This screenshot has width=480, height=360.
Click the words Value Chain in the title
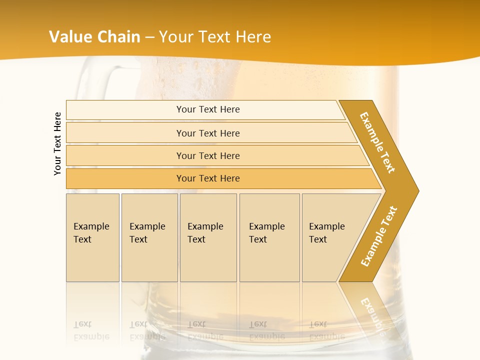(x=94, y=36)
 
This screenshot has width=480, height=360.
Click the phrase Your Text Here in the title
(x=215, y=36)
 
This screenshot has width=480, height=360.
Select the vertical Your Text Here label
(x=58, y=143)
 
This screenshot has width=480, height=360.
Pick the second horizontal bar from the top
(x=207, y=133)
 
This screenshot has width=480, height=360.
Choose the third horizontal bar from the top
(x=207, y=155)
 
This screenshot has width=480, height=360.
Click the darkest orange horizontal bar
(x=207, y=178)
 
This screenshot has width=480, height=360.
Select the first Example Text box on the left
(x=92, y=237)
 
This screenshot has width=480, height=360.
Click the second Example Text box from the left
(x=149, y=237)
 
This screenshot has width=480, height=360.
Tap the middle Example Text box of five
(x=208, y=237)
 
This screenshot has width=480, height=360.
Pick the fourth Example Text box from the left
(x=269, y=237)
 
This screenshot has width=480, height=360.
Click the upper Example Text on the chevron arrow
(x=377, y=142)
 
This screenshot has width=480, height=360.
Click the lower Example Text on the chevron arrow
(x=379, y=236)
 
